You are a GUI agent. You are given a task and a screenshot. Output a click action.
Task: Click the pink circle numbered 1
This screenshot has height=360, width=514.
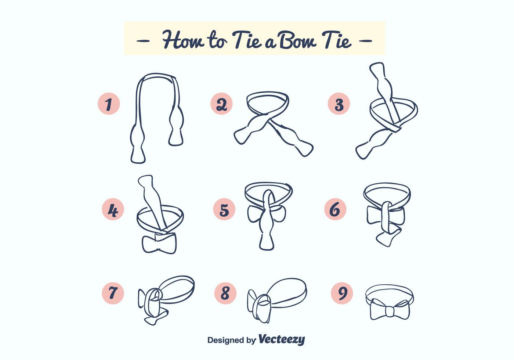coord(109,104)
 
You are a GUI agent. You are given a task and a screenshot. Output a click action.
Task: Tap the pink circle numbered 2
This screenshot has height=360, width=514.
coord(221,104)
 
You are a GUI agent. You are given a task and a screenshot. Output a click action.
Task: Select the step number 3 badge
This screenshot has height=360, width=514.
coord(339,104)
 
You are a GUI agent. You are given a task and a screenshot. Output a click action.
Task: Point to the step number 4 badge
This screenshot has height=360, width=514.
coord(113,209)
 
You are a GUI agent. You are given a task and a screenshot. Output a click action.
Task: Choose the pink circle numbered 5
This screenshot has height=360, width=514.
coord(224,209)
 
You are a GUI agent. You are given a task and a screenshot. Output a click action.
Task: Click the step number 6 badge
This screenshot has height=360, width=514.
coord(335,209)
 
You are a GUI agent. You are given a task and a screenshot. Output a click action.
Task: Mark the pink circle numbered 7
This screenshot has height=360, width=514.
coord(113,293)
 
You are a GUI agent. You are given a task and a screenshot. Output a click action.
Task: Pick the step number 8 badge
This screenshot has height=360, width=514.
coord(225,293)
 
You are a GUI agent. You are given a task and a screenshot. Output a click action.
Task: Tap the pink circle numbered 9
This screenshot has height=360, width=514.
coord(341,293)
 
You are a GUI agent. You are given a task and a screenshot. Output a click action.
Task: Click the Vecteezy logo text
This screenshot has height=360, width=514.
coord(281,339)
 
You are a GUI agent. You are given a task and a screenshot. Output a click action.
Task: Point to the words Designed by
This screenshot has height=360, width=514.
coord(231,340)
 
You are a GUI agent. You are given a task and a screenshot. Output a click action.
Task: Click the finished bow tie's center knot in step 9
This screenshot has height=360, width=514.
coord(389,312)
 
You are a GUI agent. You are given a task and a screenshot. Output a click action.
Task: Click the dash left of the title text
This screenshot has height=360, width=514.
coord(143,40)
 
